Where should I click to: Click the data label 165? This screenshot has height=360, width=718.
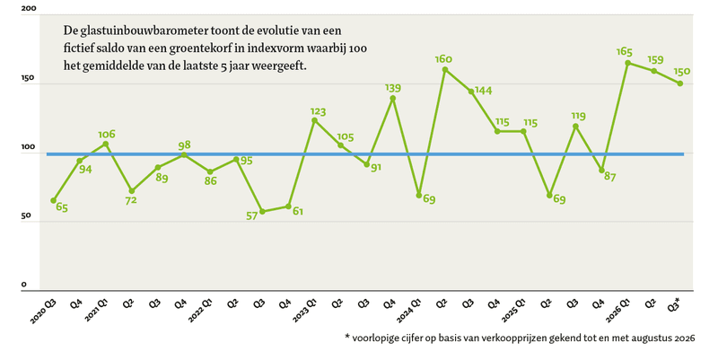625,51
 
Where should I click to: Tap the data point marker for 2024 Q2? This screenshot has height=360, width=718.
444,70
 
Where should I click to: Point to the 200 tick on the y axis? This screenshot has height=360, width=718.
29,9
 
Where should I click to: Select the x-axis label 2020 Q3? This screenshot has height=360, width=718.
43,312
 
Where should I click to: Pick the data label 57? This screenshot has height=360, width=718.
252,215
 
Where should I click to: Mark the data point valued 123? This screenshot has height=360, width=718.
314,120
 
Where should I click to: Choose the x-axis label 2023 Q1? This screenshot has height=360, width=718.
304,312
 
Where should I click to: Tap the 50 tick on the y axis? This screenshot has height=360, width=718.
27,215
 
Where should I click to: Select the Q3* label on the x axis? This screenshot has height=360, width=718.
674,305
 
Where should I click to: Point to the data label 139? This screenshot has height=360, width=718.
393,87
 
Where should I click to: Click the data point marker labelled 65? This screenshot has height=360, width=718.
54,200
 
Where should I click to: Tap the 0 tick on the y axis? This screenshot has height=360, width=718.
24,285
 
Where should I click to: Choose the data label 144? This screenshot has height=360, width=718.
484,91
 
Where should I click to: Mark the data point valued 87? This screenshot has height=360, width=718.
601,171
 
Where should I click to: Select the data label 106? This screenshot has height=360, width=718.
107,134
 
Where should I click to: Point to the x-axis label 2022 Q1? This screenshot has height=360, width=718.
200,312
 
